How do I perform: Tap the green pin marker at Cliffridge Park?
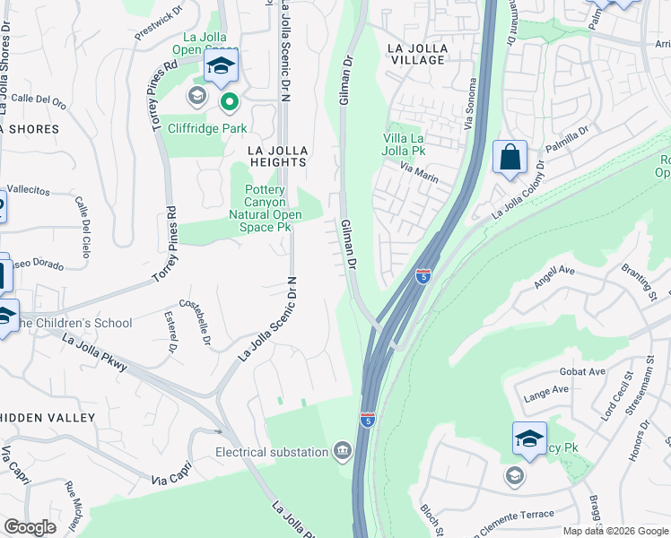coord(230,102)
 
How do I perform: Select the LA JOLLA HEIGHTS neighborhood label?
coord(277,156)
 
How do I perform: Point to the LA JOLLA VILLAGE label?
coord(415,53)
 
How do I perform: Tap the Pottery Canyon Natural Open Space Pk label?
coord(263,209)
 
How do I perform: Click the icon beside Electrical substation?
coord(342,451)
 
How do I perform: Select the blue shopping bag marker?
coord(510,158)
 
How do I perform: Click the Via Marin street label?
coord(419,173)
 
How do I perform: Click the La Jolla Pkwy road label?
coord(94,351)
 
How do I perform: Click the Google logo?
coord(30,527)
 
